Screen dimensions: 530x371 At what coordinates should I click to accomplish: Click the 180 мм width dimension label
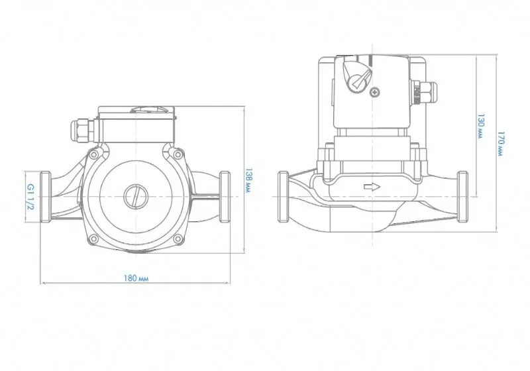click(136, 278)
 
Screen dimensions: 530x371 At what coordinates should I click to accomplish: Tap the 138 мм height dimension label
click(248, 180)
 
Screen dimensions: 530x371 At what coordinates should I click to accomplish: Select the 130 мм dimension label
click(480, 126)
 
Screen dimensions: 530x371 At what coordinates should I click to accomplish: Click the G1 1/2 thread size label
click(30, 197)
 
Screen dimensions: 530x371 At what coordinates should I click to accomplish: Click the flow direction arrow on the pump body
click(372, 187)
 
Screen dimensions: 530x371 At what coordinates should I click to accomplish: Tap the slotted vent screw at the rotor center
click(135, 196)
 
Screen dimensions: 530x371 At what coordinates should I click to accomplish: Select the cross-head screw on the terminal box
click(375, 91)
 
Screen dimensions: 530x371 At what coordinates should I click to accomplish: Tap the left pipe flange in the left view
click(46, 197)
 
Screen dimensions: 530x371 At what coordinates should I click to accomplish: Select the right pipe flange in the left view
click(225, 197)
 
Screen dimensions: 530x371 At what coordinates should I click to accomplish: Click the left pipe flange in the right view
click(284, 197)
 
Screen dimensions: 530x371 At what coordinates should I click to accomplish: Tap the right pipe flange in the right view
click(462, 197)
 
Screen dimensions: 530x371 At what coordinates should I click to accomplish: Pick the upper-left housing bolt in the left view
click(93, 154)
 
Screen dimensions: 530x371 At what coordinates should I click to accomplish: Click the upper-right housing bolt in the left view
click(178, 154)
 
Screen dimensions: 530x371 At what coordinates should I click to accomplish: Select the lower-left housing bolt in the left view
click(93, 239)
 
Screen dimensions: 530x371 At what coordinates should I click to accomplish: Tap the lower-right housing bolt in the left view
click(178, 239)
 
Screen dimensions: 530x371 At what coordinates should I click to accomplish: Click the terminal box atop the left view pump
click(136, 124)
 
